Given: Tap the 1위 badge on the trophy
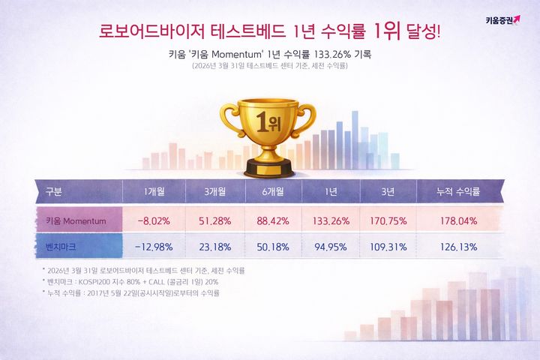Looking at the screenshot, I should [268, 122].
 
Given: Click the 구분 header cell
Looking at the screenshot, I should [54, 192].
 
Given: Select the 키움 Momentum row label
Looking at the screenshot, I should [76, 222].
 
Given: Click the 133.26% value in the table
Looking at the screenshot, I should [331, 222].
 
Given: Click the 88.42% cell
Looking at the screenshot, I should [273, 222].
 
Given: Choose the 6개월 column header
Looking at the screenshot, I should [273, 192].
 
